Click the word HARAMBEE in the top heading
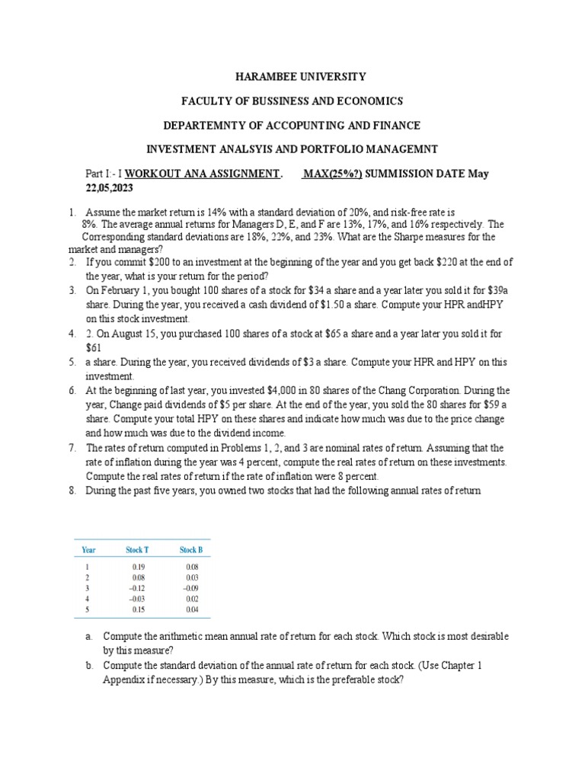tap(258, 77)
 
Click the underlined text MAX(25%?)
tap(332, 174)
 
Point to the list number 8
tap(72, 491)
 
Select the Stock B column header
tap(191, 550)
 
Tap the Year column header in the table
tap(88, 550)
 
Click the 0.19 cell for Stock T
tap(138, 567)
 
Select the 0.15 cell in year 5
tap(138, 609)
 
